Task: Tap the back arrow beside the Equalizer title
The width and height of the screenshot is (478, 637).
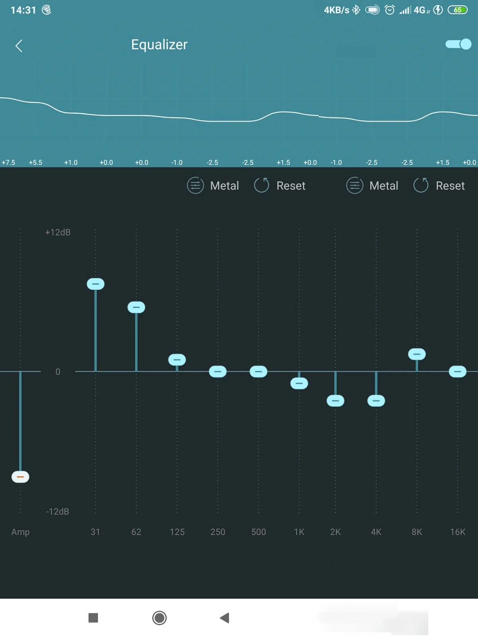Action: [19, 46]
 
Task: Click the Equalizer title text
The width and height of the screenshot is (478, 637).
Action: [159, 45]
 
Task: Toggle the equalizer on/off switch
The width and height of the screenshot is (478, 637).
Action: [458, 44]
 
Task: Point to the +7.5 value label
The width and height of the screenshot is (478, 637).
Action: [8, 162]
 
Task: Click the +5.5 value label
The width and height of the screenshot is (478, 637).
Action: [35, 162]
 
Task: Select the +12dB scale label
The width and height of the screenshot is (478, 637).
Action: [58, 233]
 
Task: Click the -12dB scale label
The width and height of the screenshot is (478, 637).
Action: [58, 512]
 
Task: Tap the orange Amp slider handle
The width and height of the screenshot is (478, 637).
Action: [20, 477]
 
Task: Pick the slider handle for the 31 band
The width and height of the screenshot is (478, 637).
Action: [96, 284]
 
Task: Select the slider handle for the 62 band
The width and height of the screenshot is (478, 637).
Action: [136, 307]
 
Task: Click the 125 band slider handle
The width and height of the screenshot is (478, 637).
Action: [177, 360]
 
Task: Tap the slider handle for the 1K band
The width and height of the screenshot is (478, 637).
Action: [299, 383]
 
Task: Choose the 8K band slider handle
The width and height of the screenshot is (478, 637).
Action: [417, 354]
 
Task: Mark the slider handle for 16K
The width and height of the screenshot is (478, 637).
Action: [458, 371]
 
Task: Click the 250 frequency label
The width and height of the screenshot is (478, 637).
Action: [218, 532]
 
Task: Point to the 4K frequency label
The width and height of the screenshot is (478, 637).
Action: [376, 532]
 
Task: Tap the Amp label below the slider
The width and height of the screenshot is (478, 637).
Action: [20, 532]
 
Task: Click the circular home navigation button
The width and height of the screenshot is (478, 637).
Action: [159, 618]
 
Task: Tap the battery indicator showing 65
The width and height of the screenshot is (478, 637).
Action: [458, 10]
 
